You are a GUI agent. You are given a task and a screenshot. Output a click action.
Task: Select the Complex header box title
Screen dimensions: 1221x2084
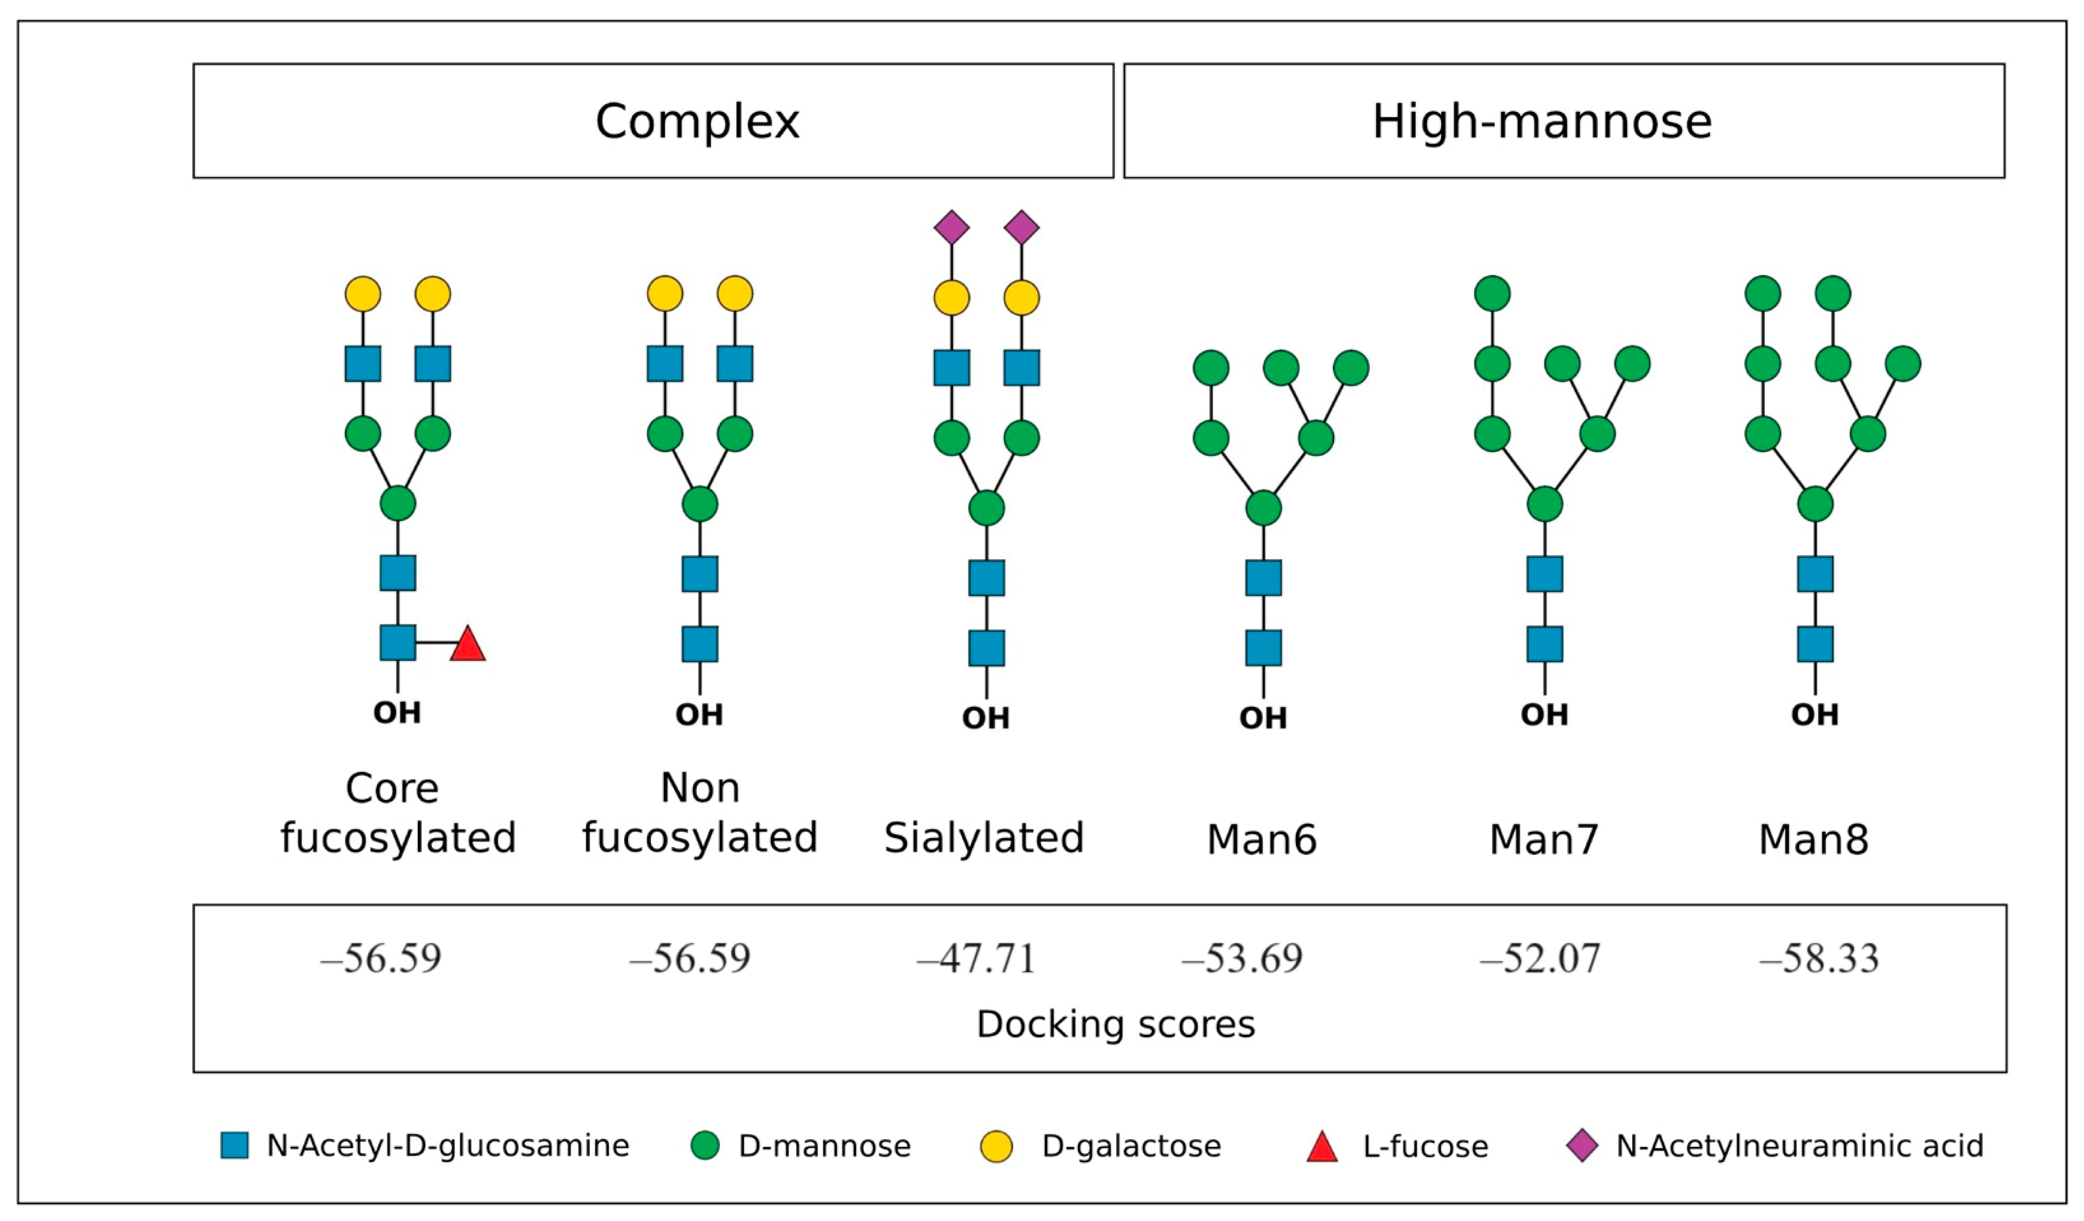point(697,121)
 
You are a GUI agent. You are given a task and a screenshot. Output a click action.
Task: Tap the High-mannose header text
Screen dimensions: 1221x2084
point(1541,121)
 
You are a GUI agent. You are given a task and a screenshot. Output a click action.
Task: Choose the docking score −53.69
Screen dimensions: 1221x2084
point(1242,958)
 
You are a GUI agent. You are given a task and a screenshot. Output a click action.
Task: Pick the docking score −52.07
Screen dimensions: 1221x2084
point(1540,958)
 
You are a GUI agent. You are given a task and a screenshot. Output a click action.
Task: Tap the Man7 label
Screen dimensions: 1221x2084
point(1543,840)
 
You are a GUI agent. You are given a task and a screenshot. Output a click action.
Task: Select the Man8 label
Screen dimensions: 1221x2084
point(1813,840)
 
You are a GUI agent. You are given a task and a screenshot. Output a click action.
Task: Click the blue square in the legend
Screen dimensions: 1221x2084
point(235,1146)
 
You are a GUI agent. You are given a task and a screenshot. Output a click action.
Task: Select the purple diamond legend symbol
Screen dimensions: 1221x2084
point(1582,1146)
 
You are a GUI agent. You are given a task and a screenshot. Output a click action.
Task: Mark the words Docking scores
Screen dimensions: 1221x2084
point(1116,1024)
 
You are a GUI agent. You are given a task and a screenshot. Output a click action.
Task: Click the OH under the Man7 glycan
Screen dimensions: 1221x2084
point(1544,714)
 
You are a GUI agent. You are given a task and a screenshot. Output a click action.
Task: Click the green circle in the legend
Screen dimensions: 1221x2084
point(705,1146)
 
